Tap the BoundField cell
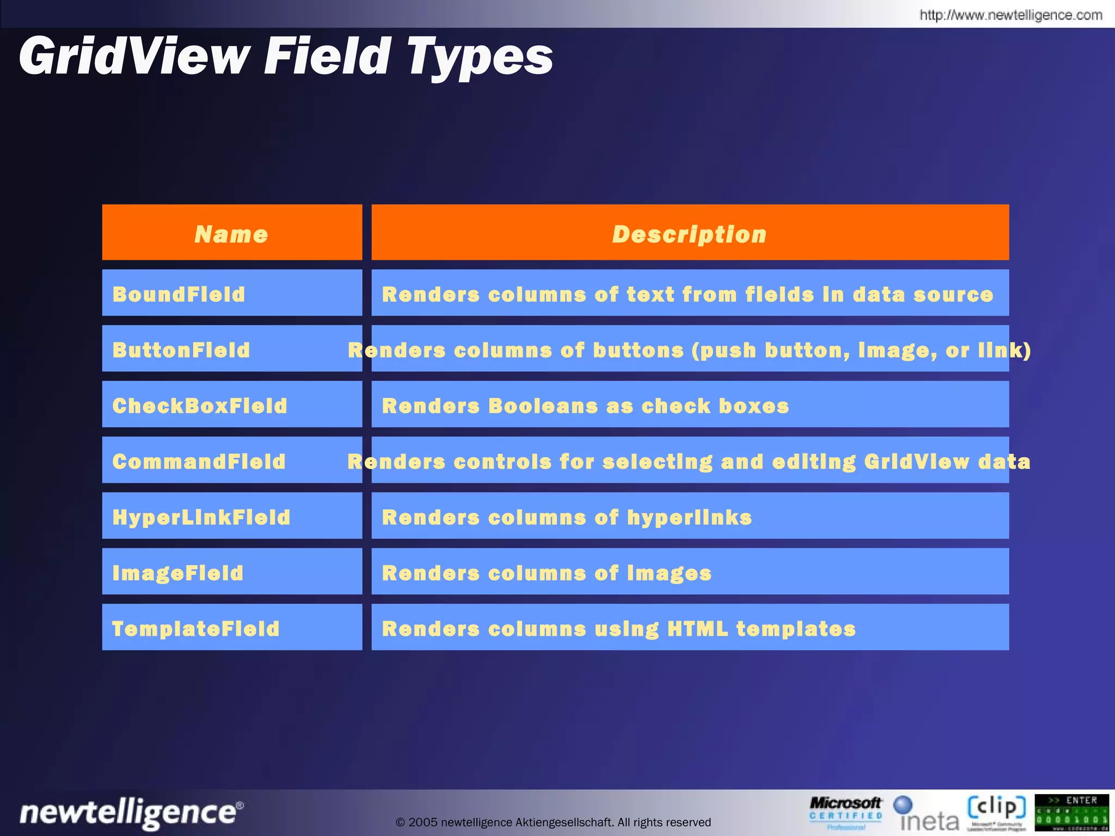232,293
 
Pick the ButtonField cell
232,349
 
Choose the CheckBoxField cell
232,405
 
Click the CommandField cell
232,460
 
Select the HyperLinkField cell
232,517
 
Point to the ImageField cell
232,572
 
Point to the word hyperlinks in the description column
689,518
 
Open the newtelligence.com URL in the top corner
1011,15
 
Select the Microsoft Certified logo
846,813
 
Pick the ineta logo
927,814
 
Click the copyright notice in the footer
553,822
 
